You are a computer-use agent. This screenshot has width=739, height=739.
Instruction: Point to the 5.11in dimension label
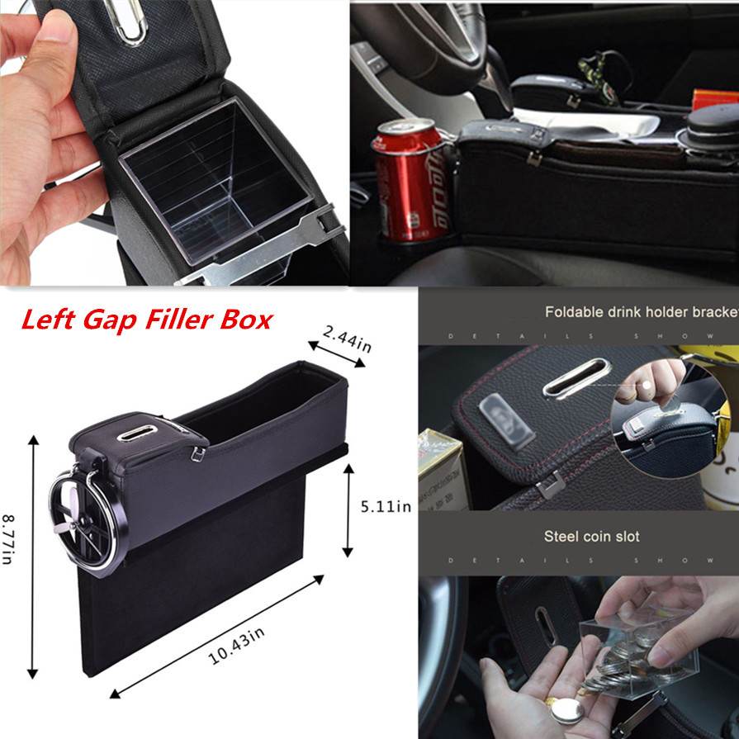381,506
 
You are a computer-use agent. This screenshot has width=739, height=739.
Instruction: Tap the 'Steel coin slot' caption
591,537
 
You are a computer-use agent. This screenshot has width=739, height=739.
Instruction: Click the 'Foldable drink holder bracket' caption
641,312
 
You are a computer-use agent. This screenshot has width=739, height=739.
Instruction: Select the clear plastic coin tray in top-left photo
216,186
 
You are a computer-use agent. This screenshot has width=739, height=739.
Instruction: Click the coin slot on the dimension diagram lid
131,433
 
